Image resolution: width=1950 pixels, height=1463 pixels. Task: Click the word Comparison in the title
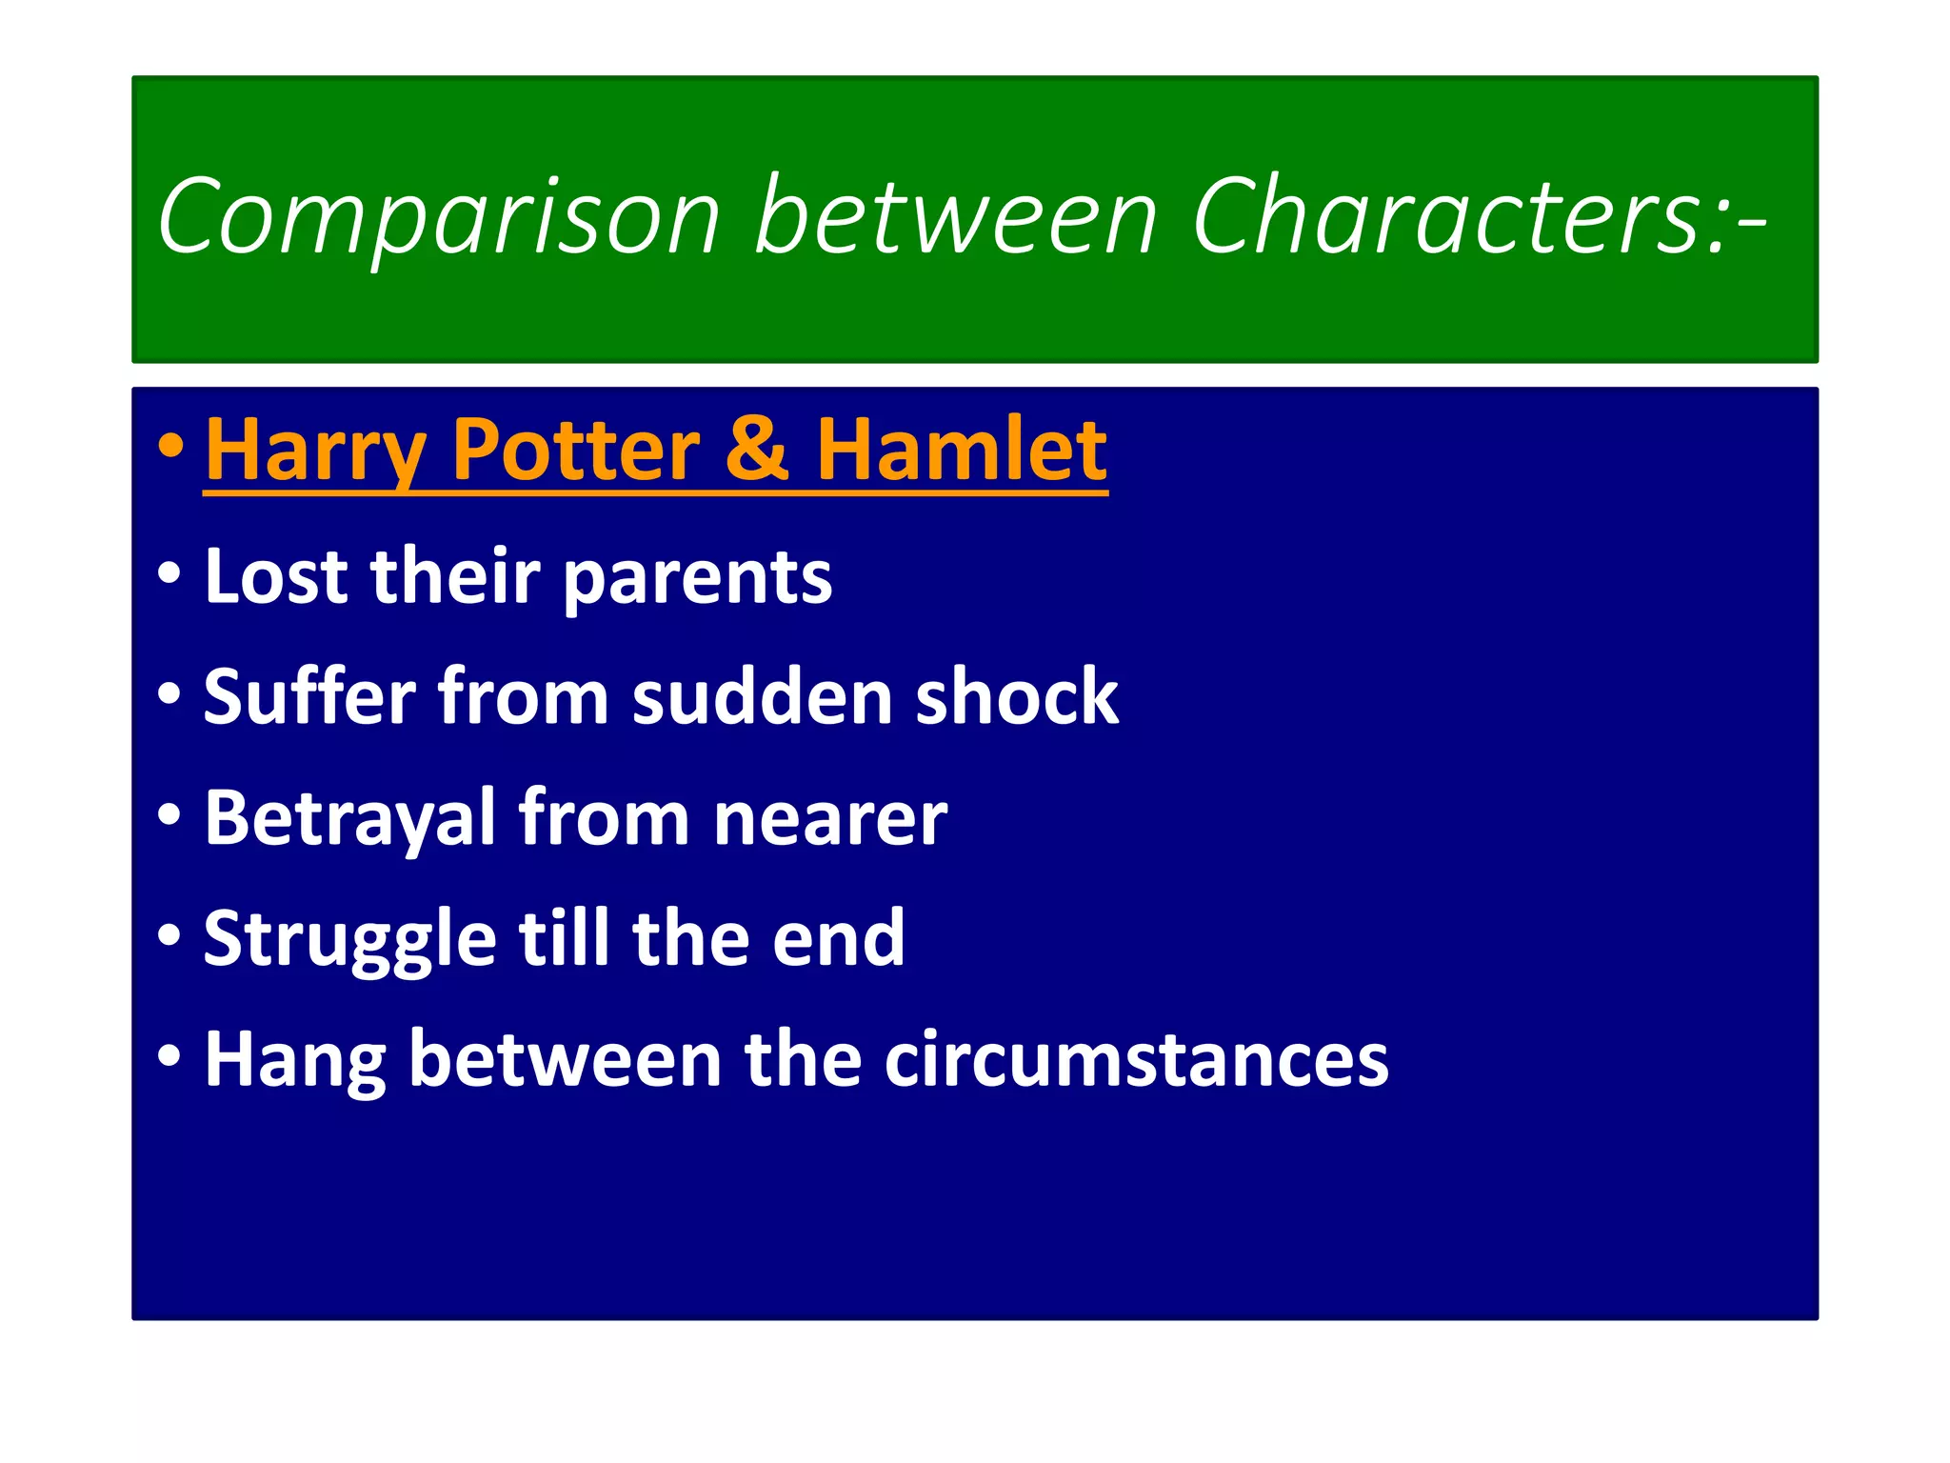tap(439, 217)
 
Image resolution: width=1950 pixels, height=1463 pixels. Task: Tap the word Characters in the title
tap(1458, 217)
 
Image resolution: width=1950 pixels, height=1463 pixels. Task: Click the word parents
tap(698, 579)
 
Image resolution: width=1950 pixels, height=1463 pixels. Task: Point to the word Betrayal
tap(349, 819)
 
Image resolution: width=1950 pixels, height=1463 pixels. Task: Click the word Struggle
tap(349, 941)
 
